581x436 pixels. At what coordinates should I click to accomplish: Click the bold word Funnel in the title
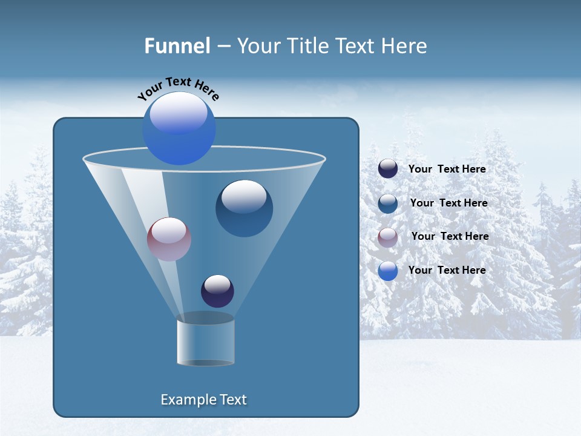(x=177, y=46)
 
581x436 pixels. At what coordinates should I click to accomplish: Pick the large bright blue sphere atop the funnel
(x=179, y=128)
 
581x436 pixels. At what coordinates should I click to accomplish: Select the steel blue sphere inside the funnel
(x=244, y=208)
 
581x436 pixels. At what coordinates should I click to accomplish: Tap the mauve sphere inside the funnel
(x=169, y=239)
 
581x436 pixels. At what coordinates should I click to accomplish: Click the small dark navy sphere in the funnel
(x=217, y=291)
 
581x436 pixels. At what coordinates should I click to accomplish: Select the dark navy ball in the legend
(x=388, y=169)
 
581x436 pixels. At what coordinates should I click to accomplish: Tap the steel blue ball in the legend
(x=388, y=203)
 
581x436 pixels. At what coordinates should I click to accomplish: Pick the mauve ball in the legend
(x=388, y=237)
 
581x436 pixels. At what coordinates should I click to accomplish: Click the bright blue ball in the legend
(x=388, y=271)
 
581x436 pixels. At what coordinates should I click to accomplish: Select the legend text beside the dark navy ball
(x=447, y=170)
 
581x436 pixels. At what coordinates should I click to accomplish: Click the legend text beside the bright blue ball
(x=447, y=270)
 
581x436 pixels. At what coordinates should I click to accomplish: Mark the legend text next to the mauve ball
(x=450, y=236)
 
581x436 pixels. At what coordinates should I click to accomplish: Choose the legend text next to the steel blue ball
(x=448, y=203)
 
